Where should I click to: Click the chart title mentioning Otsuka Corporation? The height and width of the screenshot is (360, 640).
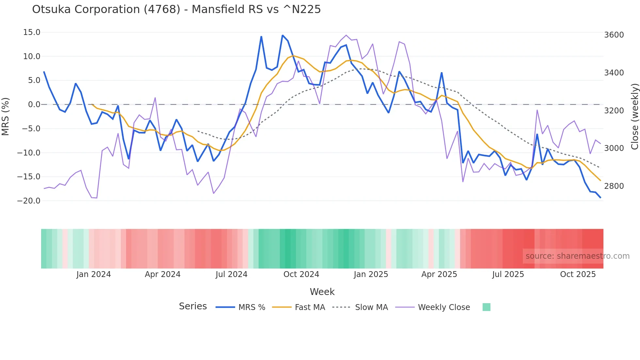(x=176, y=9)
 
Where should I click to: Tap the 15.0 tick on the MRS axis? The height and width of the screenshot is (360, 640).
(x=32, y=32)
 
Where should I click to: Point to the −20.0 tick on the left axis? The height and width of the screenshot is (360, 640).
(x=29, y=201)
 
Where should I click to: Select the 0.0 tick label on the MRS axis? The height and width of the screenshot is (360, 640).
(x=34, y=105)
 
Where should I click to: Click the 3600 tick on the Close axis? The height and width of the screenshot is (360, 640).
(x=614, y=35)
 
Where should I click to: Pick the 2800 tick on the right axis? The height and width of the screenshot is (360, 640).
(x=614, y=186)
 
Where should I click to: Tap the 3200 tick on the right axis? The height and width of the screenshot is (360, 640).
(x=614, y=111)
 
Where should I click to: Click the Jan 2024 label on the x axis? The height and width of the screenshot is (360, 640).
(x=94, y=274)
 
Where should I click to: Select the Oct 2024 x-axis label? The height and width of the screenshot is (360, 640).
(x=301, y=274)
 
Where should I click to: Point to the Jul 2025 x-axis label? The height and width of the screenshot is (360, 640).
(x=508, y=274)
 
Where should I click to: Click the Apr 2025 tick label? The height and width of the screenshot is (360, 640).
(x=439, y=274)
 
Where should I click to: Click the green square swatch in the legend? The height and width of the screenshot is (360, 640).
(x=487, y=307)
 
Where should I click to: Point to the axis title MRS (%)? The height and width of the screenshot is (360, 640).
(x=6, y=116)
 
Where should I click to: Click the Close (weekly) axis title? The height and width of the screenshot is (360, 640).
(x=634, y=116)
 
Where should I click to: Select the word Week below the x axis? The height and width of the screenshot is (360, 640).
(x=322, y=292)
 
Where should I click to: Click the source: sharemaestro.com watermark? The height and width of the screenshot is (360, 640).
(x=577, y=256)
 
